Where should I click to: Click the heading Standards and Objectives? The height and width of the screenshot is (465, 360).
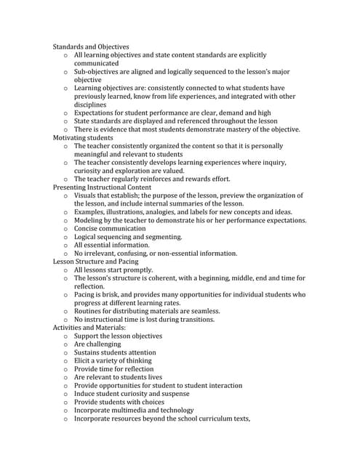point(91,46)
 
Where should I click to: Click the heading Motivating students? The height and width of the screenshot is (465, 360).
point(83,137)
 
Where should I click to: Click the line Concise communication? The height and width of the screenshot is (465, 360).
point(110,228)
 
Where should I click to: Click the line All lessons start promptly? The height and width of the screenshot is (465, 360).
point(113,270)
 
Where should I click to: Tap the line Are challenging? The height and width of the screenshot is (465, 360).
point(102,344)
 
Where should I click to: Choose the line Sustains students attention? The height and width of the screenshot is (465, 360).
point(113,352)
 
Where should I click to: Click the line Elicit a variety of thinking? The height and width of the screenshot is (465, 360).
point(113,360)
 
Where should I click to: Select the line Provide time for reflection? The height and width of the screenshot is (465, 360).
point(113,369)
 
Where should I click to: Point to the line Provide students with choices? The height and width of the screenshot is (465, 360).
point(119,402)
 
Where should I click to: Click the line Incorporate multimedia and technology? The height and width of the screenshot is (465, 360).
point(134,411)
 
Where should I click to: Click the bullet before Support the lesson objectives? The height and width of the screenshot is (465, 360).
point(65,336)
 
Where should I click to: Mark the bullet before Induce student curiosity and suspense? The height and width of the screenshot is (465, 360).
point(65,394)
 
